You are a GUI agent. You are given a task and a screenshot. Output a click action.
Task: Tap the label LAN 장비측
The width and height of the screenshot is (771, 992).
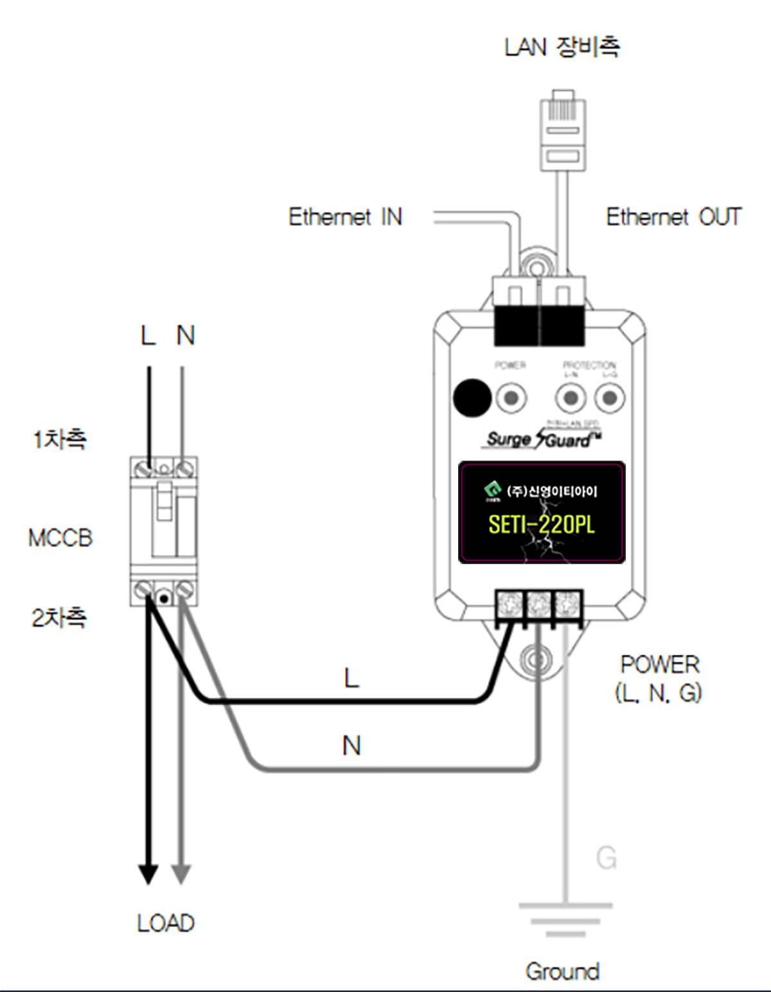point(562,47)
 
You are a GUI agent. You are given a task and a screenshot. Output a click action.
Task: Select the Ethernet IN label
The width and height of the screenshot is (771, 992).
point(345,217)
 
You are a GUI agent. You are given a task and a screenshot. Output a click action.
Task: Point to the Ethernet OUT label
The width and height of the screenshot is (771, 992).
point(673,217)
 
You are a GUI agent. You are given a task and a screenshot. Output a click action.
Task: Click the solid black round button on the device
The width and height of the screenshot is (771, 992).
point(472,398)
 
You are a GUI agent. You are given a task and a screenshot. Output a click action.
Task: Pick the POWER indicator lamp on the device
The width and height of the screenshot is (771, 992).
point(511,398)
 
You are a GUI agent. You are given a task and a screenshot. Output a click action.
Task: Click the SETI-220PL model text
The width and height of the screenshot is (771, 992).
point(541,525)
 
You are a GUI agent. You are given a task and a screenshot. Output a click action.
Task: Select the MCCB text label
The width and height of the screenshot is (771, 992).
point(60,538)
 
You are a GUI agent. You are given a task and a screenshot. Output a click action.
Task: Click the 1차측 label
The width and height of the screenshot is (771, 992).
point(59,439)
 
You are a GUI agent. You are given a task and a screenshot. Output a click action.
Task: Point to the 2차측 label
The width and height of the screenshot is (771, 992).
point(59,618)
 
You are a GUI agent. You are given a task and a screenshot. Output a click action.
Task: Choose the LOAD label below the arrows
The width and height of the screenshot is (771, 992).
point(166,923)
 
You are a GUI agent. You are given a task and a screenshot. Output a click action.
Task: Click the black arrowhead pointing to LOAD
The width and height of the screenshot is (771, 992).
point(148,874)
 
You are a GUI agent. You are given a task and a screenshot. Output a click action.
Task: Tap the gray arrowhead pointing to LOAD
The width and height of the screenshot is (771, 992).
point(182,874)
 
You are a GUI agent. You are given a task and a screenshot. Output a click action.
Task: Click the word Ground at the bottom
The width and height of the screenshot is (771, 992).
point(562,971)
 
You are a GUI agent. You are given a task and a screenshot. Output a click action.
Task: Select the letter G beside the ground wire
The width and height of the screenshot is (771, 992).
point(606,858)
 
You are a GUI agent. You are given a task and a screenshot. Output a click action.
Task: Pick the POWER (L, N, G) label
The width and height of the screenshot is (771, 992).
point(659,678)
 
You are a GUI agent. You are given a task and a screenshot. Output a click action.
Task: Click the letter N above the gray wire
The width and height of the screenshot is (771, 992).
point(351,746)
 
